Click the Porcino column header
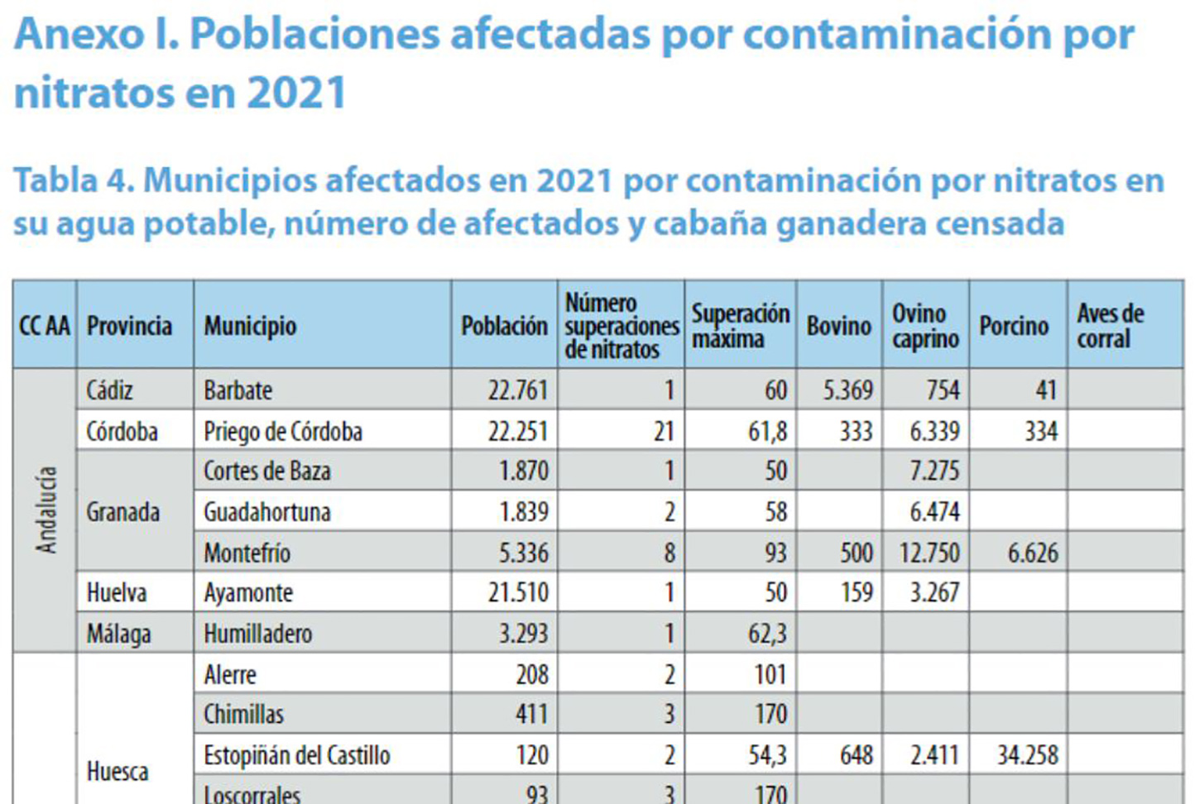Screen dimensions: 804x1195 point(1014,326)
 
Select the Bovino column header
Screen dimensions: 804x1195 point(838,326)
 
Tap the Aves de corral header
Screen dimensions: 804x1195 point(1110,326)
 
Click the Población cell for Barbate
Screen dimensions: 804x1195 point(517,390)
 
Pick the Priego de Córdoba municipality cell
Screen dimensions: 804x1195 point(283,431)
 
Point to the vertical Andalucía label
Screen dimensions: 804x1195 point(46,510)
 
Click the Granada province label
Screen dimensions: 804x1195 point(123,512)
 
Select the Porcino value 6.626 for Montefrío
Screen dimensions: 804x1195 point(1032,553)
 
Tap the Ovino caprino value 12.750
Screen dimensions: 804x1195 point(929,553)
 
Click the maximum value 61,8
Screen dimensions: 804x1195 point(767,431)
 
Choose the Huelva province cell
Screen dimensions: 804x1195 point(117,592)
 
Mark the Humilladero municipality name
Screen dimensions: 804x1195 point(258,634)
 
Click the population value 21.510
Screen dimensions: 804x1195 point(517,592)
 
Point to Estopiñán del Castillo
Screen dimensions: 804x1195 point(297,755)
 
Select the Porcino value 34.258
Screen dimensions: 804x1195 point(1027,755)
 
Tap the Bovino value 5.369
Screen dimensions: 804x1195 point(847,390)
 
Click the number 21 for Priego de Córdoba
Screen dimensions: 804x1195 point(664,431)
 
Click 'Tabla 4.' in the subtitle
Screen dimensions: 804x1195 point(73,180)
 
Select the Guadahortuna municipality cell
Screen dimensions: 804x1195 point(267,512)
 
